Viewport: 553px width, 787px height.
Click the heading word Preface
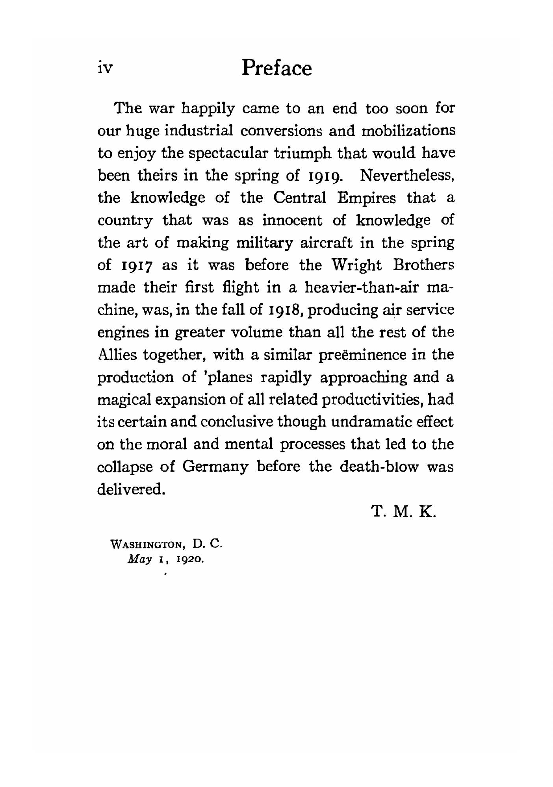pyautogui.click(x=276, y=68)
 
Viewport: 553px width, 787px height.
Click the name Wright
pyautogui.click(x=358, y=265)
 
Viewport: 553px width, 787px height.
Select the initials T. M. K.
pyautogui.click(x=404, y=512)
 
